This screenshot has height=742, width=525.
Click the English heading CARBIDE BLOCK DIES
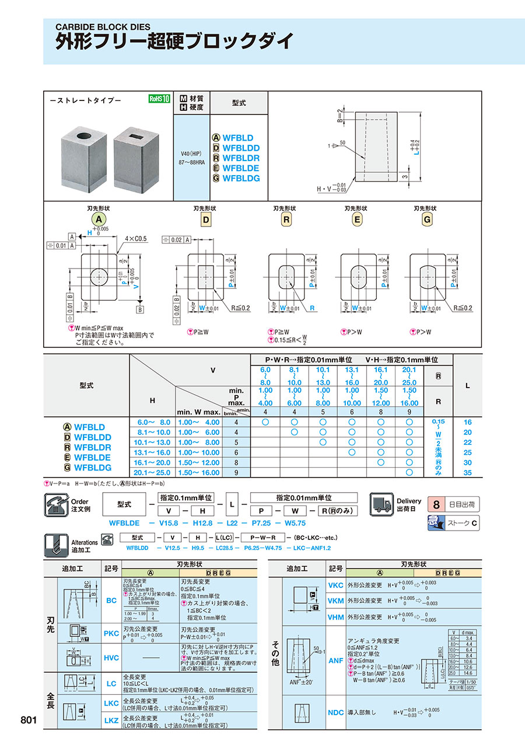pyautogui.click(x=103, y=27)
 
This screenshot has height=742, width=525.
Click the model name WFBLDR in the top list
pyautogui.click(x=240, y=158)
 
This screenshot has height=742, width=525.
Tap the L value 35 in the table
pyautogui.click(x=467, y=472)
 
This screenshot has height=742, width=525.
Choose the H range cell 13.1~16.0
pyautogui.click(x=153, y=452)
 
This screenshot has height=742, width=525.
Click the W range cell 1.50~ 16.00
pyautogui.click(x=199, y=472)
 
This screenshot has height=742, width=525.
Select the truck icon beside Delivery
pyautogui.click(x=381, y=504)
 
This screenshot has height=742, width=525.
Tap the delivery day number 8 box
pyautogui.click(x=435, y=503)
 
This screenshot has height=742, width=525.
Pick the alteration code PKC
pyautogui.click(x=111, y=633)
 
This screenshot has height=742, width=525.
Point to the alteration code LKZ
pyautogui.click(x=111, y=722)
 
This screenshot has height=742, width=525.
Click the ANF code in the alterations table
pyautogui.click(x=336, y=660)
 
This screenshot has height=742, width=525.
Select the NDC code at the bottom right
pyautogui.click(x=336, y=712)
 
